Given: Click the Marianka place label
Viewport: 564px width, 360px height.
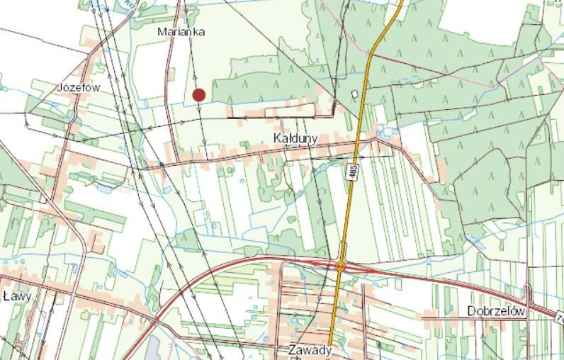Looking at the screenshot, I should point(181,32).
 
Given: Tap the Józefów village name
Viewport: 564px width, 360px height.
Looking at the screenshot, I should point(79,87).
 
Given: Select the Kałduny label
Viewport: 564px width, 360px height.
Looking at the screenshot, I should point(295,138).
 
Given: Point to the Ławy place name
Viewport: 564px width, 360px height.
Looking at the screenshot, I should point(17,296).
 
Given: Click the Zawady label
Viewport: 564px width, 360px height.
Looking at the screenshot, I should point(310,350).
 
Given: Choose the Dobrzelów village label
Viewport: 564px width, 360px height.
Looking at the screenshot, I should point(496,312).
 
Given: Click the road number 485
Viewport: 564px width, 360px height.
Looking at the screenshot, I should point(352,170).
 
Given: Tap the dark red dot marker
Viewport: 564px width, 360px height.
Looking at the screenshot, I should point(199,95).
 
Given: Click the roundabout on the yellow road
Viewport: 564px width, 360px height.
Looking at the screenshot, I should point(340,266).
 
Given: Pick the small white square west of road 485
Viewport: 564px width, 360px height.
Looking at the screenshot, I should point(355,94).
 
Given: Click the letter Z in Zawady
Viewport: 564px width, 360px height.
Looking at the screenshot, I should point(293,350).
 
